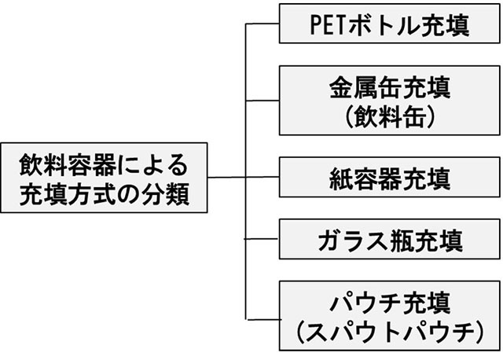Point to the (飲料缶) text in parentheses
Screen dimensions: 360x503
point(387,116)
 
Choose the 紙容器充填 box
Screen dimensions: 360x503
point(387,178)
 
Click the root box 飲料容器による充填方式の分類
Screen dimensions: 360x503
point(105,178)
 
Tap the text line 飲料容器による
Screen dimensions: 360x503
point(105,163)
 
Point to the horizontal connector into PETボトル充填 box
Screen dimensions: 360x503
point(263,24)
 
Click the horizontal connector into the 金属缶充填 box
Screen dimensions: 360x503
point(263,100)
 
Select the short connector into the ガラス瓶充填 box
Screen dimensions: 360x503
point(263,237)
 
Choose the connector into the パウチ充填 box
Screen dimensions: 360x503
point(263,318)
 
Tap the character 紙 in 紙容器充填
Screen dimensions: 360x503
point(337,178)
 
